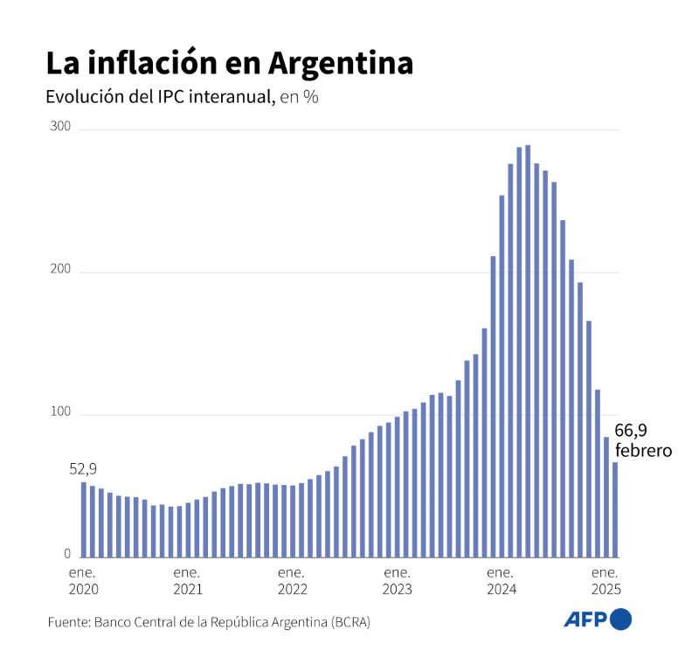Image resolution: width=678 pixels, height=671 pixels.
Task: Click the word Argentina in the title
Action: point(341,63)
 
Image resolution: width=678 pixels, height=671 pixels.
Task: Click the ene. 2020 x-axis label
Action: point(83,581)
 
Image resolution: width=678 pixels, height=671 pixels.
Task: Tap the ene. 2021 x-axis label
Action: point(187,581)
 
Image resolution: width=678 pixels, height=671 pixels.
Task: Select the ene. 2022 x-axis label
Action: point(292,581)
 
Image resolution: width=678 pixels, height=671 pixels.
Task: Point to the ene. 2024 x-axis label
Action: point(501,581)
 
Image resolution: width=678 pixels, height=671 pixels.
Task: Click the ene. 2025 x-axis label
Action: point(605,581)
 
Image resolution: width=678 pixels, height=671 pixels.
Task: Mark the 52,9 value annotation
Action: point(83,469)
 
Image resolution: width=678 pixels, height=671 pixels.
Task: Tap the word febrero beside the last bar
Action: point(643,451)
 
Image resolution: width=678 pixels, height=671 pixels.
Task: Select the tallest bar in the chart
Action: point(528,349)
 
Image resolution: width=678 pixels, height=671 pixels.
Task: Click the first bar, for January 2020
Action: point(84,520)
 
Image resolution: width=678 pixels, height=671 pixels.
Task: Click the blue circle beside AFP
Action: point(620,619)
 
